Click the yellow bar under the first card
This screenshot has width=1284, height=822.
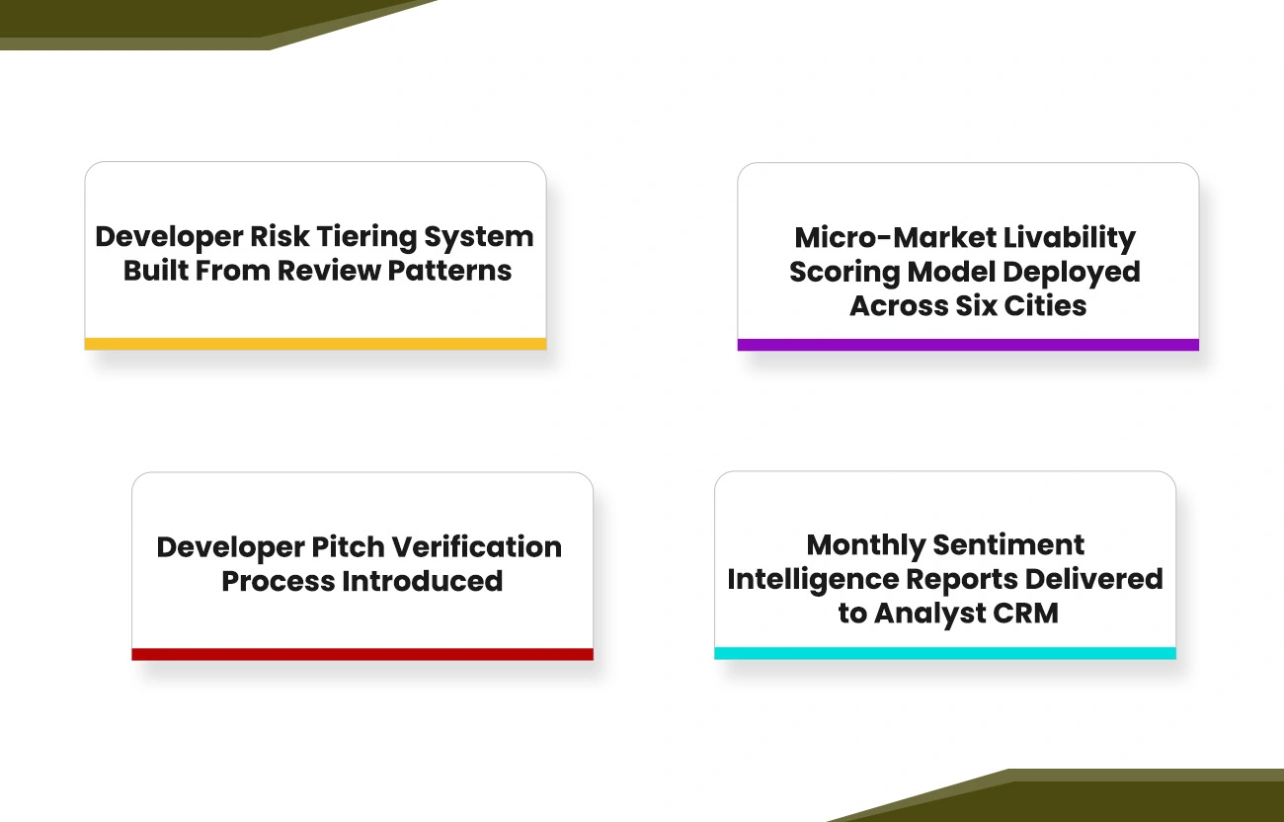[x=315, y=344]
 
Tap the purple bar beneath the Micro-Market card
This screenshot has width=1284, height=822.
[x=968, y=345]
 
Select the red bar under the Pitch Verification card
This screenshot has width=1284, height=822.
[x=362, y=654]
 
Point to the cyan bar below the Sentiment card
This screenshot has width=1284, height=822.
[x=945, y=653]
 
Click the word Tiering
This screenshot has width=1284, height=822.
[x=366, y=238]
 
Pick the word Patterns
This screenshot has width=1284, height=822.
[x=449, y=271]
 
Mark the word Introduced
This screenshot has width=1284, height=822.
[x=423, y=581]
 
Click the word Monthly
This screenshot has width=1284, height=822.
[x=866, y=545]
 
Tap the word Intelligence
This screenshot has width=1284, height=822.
[x=814, y=580]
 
